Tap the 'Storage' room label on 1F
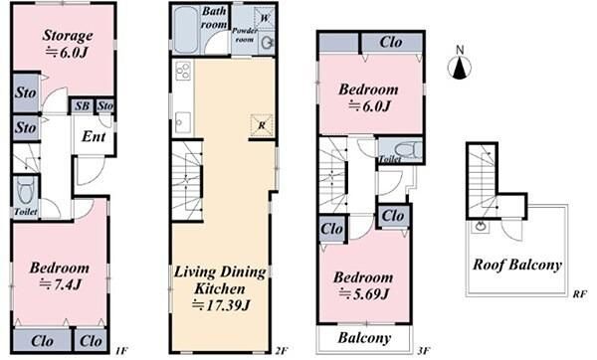tap(68, 35)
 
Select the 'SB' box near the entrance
tap(82, 105)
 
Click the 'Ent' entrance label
tap(94, 136)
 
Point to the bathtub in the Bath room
tap(185, 30)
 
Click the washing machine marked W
tap(265, 18)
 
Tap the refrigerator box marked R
tap(262, 125)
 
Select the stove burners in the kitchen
tap(183, 71)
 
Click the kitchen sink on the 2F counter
tap(183, 121)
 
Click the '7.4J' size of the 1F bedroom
tap(61, 284)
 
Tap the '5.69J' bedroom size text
tap(364, 293)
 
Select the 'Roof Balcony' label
tap(517, 265)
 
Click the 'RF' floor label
tap(579, 293)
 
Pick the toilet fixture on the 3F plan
tap(407, 149)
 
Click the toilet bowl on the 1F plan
tap(26, 191)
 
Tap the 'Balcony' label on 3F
tap(364, 337)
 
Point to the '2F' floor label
tap(281, 350)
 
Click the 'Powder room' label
tap(245, 35)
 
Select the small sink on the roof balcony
tap(480, 227)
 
